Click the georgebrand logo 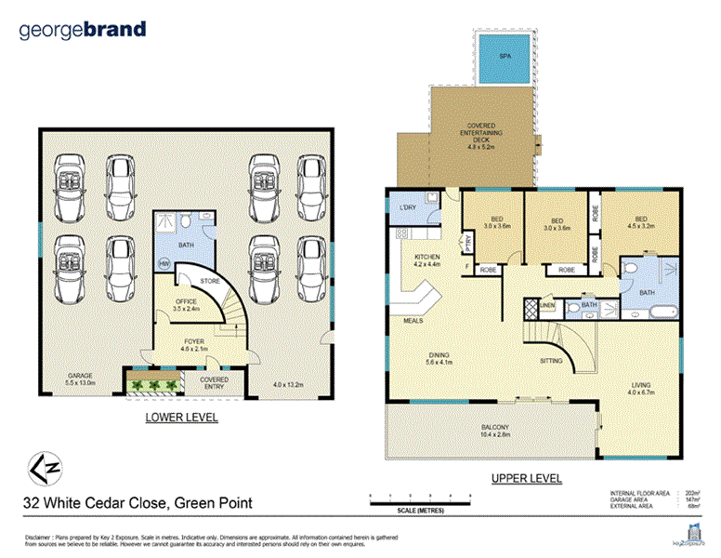[83, 30]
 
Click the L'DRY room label [406, 206]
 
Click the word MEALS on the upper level [414, 322]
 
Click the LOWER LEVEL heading [181, 418]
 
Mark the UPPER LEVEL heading [525, 478]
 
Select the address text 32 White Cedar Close [138, 504]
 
